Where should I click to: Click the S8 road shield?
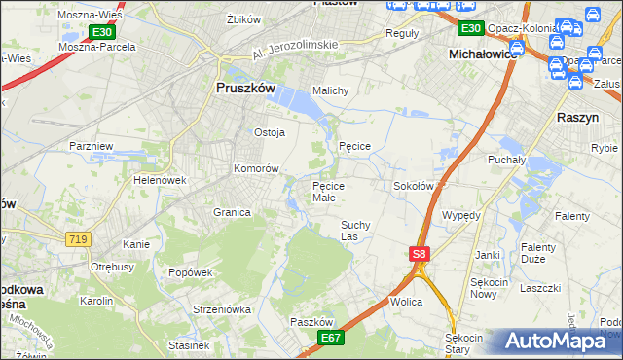419,254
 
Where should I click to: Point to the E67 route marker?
332,337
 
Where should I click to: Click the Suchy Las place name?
355,230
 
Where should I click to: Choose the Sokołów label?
413,185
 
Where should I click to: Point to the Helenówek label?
160,180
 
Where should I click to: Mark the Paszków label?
312,322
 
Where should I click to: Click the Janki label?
487,255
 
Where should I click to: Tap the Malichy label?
329,90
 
